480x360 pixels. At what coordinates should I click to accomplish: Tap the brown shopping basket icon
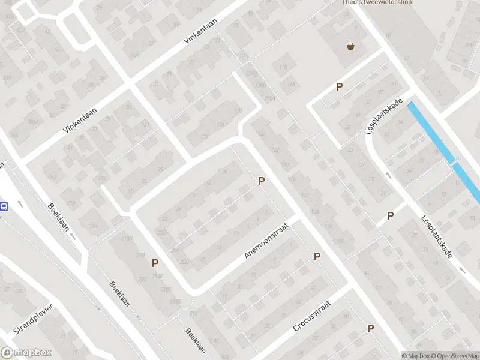click(350, 46)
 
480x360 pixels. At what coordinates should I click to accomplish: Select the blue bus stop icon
click(4, 207)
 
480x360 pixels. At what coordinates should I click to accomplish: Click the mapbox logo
click(25, 353)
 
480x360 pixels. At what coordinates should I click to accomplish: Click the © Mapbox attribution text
click(415, 356)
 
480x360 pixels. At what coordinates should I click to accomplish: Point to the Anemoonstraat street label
click(267, 241)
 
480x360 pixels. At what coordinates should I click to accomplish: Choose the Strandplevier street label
click(34, 319)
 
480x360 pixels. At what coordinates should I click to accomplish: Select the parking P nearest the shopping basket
click(340, 87)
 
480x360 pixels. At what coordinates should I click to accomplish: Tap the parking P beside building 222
click(155, 263)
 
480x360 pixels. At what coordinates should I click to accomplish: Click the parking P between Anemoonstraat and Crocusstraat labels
click(317, 256)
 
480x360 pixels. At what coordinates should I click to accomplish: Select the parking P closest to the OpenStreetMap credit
click(370, 328)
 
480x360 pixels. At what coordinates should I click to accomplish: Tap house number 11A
click(292, 85)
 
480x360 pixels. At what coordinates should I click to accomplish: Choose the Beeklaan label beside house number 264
click(60, 220)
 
